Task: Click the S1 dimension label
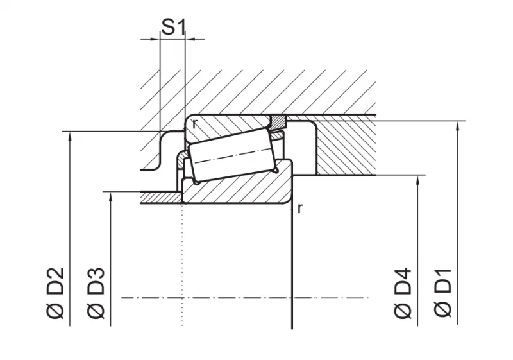173,27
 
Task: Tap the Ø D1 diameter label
443,293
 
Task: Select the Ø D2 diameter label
55,293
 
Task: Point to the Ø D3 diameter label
96,293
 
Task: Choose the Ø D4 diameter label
403,293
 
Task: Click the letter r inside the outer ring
195,124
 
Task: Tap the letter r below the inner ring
300,208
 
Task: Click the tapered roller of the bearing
232,155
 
